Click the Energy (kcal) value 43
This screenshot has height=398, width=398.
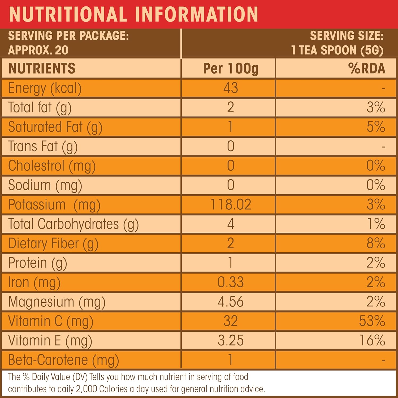click(x=231, y=88)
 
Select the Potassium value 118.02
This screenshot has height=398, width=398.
click(x=231, y=204)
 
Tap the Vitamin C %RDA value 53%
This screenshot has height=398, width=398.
click(x=372, y=321)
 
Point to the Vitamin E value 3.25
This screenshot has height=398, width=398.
click(x=231, y=340)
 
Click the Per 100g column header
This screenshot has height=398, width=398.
click(x=231, y=68)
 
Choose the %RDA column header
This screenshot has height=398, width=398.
click(x=367, y=68)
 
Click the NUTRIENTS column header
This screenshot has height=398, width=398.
click(x=42, y=68)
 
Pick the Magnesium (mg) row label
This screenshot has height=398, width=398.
click(x=57, y=302)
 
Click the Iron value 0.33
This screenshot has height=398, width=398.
click(x=231, y=282)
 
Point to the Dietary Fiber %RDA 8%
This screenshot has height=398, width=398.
click(x=376, y=243)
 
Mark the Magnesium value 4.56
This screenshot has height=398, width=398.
click(x=231, y=301)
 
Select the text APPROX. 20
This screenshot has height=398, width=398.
click(x=38, y=50)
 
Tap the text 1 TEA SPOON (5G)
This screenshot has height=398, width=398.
click(x=337, y=50)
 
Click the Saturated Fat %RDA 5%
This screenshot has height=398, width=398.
click(x=376, y=127)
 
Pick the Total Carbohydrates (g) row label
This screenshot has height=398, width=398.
click(x=73, y=224)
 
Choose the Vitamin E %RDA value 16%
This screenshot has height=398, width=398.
click(x=372, y=340)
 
